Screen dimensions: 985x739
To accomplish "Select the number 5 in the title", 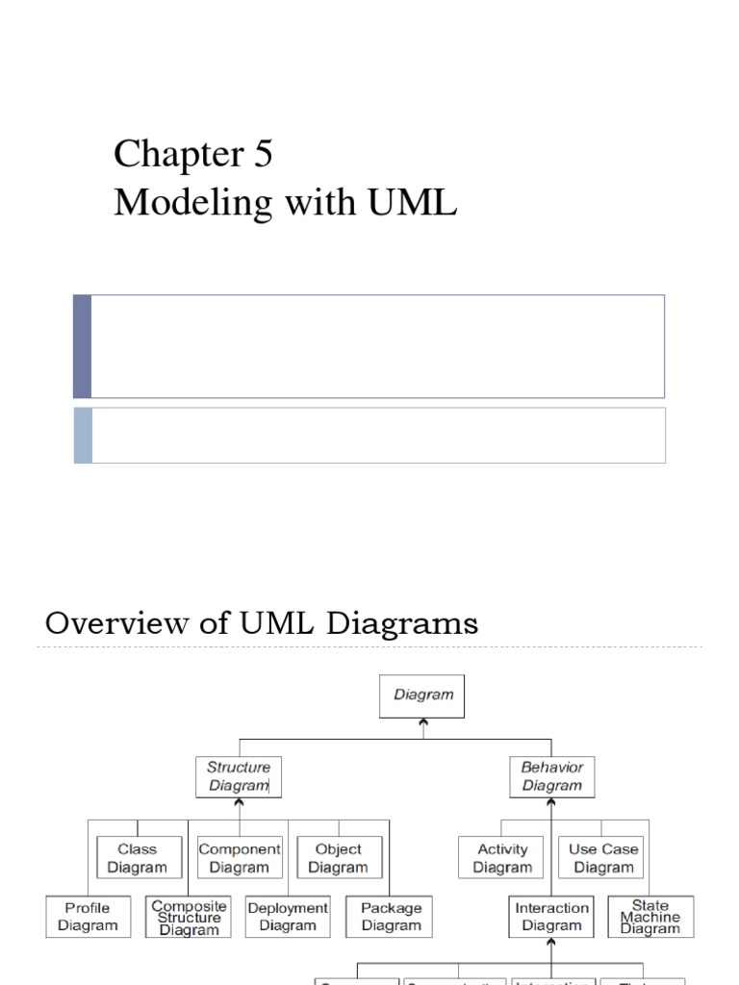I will tap(263, 154).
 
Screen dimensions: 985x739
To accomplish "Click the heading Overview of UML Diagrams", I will tap(262, 623).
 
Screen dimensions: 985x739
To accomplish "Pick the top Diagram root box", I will tap(423, 695).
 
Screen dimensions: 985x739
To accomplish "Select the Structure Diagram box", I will tap(239, 776).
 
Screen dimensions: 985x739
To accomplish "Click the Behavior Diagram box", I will tap(552, 776).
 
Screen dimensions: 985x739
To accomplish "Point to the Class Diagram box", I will tap(137, 858).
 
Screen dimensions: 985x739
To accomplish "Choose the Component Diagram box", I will tap(240, 858).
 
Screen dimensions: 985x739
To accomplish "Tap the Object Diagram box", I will tap(338, 858).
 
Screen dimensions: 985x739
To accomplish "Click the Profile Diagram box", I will tap(88, 917).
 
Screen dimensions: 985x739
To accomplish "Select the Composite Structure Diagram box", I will tap(190, 918).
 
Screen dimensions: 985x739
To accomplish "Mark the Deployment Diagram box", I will tap(288, 917).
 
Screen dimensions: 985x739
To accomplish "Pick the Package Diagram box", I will tap(391, 917).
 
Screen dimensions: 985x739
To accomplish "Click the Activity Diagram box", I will tap(502, 858).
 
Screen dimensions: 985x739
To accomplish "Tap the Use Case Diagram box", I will tap(603, 858).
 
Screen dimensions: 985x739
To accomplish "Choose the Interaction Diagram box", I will tap(551, 917).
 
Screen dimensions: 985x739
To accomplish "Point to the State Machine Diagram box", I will tap(650, 918).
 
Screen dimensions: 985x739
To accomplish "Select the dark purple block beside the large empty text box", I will tap(82, 346).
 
